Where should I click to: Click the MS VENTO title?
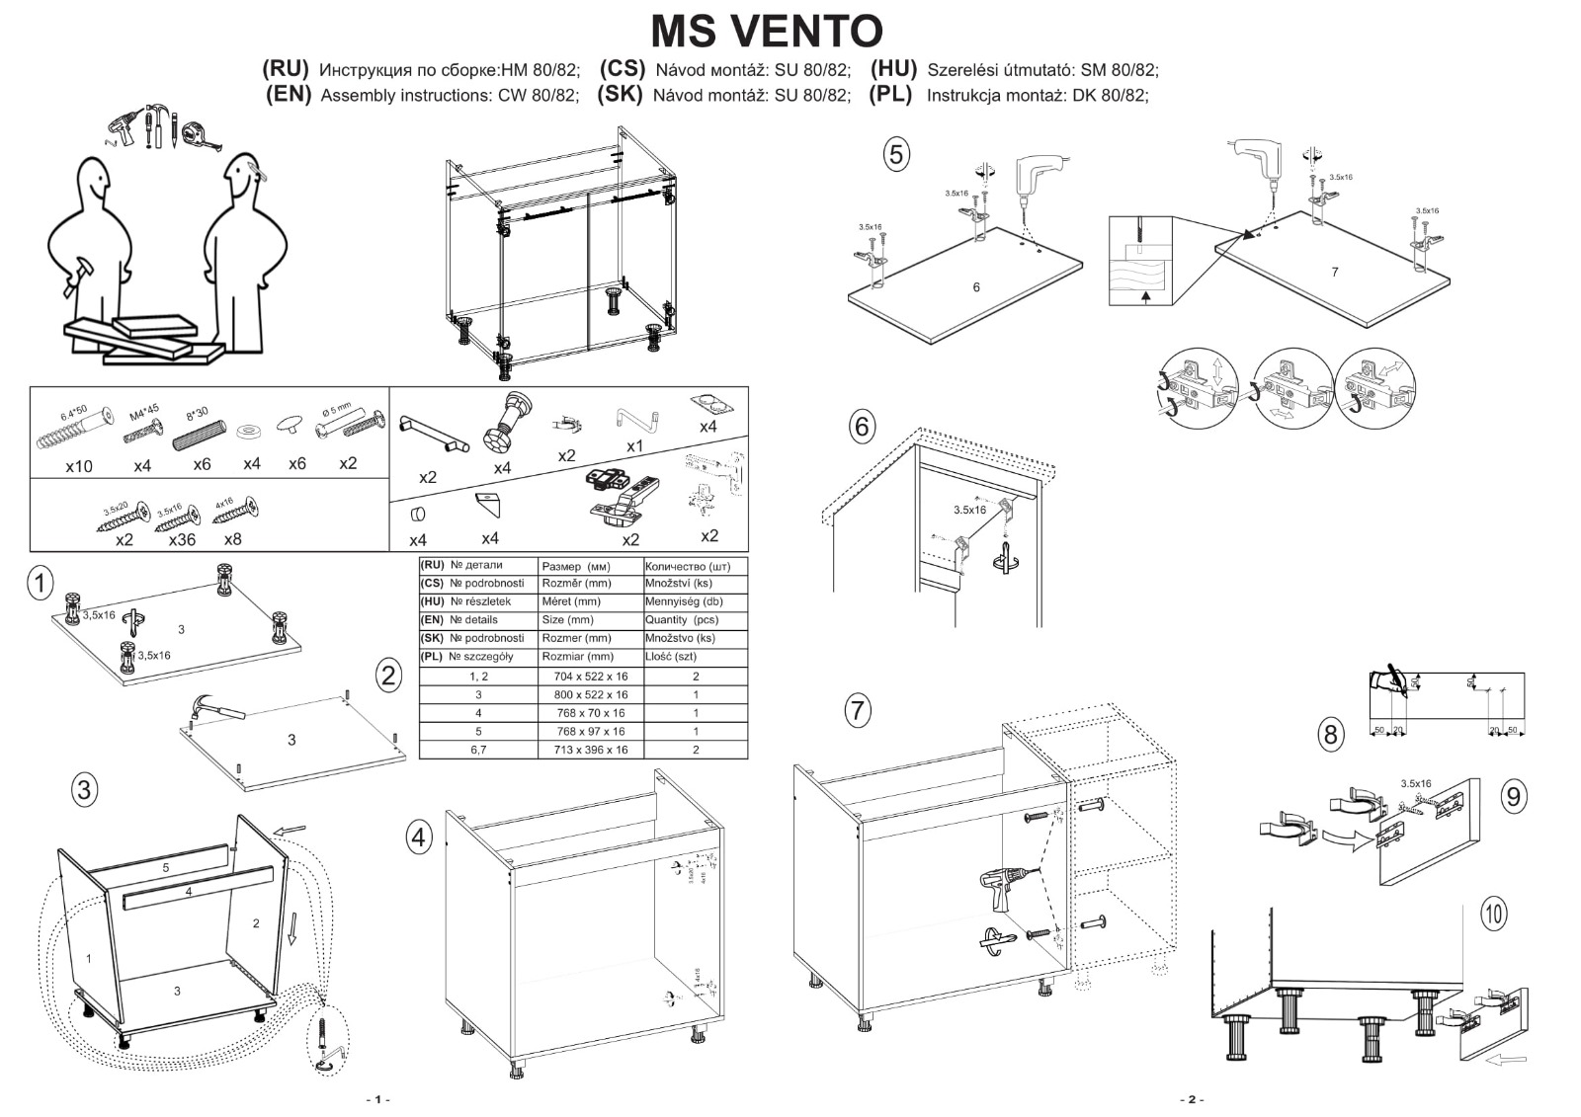pos(767,31)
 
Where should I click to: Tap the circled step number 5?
pos(895,154)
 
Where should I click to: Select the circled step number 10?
pos(1493,913)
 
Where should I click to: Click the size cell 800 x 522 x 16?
pos(591,694)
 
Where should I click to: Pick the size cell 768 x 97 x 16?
pos(591,731)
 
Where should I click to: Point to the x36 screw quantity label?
pos(182,539)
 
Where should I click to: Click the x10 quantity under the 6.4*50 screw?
pos(79,465)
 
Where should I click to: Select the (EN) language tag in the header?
pos(289,95)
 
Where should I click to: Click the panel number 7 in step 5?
pos(1334,272)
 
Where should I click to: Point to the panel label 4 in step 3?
pos(188,891)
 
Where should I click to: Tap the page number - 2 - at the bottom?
pos(1191,1099)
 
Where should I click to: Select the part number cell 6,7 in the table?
pos(478,750)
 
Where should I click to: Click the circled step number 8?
pos(1330,734)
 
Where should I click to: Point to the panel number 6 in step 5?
pos(976,286)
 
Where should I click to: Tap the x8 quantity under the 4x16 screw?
pos(232,539)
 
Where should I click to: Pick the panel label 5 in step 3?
pos(166,867)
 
